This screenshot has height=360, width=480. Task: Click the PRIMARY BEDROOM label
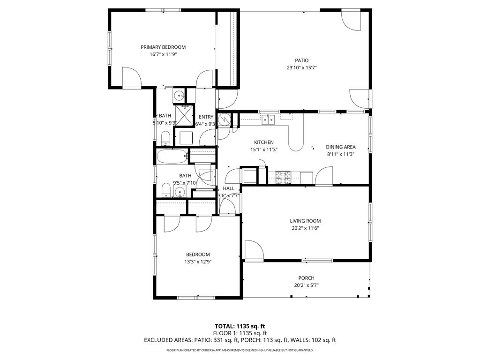(x=163, y=47)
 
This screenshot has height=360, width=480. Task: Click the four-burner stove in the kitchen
(x=283, y=177)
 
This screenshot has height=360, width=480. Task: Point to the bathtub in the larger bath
(x=172, y=157)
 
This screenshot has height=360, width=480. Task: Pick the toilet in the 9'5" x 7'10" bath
(x=165, y=190)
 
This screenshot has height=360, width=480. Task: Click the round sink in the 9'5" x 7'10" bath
(x=180, y=191)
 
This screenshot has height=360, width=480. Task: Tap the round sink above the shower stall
(x=180, y=96)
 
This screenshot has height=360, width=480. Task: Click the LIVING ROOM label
(x=305, y=221)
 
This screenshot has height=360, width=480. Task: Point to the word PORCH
(x=306, y=278)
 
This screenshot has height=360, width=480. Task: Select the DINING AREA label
(x=341, y=147)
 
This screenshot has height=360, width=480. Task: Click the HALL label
(x=229, y=188)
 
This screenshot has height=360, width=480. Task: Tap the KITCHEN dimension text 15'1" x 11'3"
(x=264, y=150)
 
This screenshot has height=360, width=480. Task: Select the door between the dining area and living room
(x=323, y=177)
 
